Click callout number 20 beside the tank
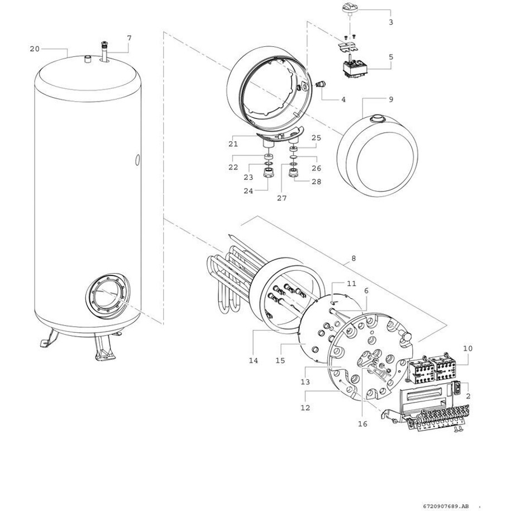click(35, 49)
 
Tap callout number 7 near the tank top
click(130, 38)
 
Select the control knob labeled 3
click(350, 8)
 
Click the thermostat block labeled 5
click(355, 69)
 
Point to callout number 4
click(343, 99)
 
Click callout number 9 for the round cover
click(391, 99)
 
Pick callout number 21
click(233, 144)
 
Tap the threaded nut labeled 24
click(268, 173)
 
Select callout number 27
click(282, 198)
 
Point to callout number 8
click(354, 259)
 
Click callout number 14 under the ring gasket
click(253, 360)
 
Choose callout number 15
click(280, 360)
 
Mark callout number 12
click(305, 408)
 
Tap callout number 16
click(362, 424)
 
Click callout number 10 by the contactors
click(467, 348)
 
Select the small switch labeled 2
click(457, 388)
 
